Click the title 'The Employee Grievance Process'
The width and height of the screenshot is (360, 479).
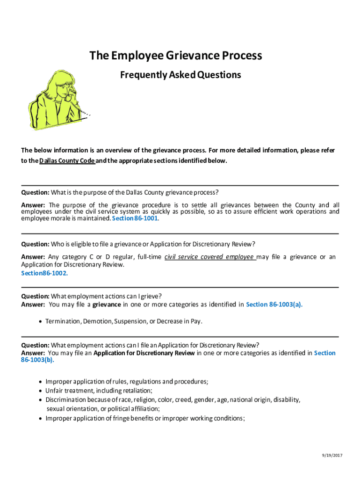point(176,56)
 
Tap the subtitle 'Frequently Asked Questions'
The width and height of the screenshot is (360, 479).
point(180,75)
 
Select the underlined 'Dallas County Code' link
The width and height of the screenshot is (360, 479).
point(67,160)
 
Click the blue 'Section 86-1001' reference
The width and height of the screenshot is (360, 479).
point(135,218)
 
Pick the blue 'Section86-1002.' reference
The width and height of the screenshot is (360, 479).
point(44,273)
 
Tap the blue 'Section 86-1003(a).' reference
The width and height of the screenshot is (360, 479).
point(274,305)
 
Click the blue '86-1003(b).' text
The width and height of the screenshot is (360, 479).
point(37,360)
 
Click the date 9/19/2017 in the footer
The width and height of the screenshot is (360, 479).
point(333,455)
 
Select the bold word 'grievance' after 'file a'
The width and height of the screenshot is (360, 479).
point(107,305)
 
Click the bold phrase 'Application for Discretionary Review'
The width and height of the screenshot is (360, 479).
point(144,353)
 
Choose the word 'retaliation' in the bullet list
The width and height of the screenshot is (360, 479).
point(137,391)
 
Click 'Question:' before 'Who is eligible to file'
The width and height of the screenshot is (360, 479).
point(35,244)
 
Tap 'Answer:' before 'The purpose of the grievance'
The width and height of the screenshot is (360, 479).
point(33,205)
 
